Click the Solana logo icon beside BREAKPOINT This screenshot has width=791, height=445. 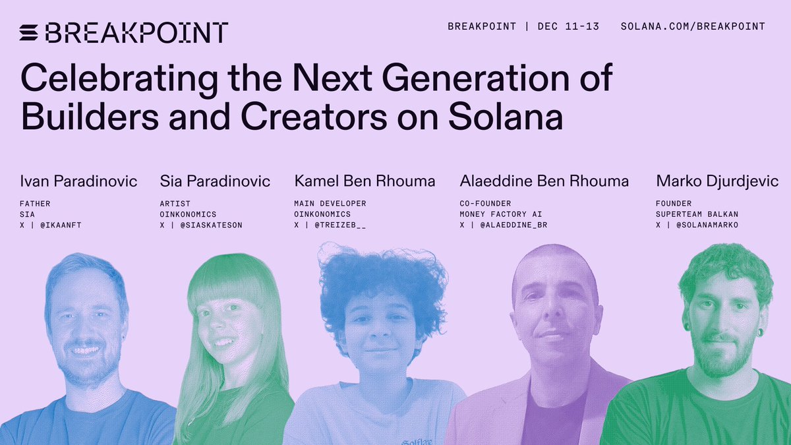(30, 32)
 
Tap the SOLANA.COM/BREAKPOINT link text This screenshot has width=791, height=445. (693, 26)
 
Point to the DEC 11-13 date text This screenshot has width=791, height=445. (568, 26)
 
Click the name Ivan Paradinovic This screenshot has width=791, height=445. (79, 181)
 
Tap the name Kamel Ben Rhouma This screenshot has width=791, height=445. (365, 181)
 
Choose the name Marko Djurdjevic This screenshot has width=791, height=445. (717, 181)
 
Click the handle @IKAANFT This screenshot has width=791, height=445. (64, 225)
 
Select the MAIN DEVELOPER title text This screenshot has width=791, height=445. (330, 204)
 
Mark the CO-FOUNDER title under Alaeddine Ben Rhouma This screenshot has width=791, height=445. (485, 204)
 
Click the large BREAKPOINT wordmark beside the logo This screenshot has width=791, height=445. (137, 32)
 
